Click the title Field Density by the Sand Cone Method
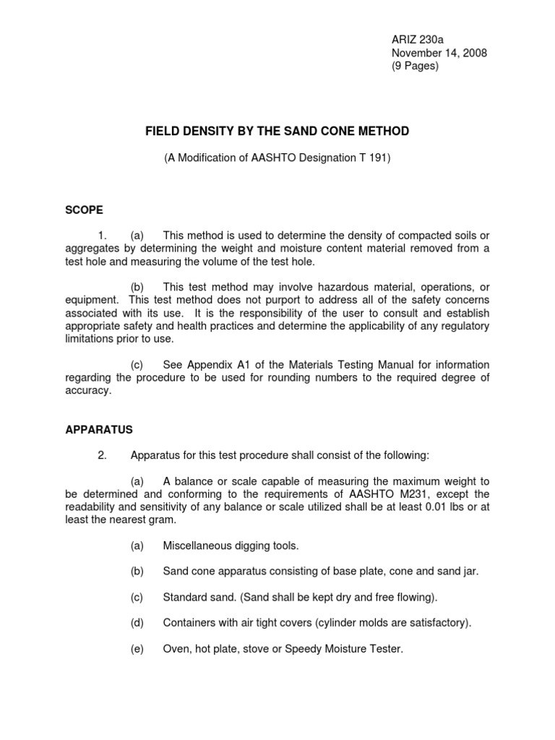277,131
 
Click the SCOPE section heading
85,210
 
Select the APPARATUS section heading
99,429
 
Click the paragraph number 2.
103,455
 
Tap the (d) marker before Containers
137,623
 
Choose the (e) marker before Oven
137,649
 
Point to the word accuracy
87,390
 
